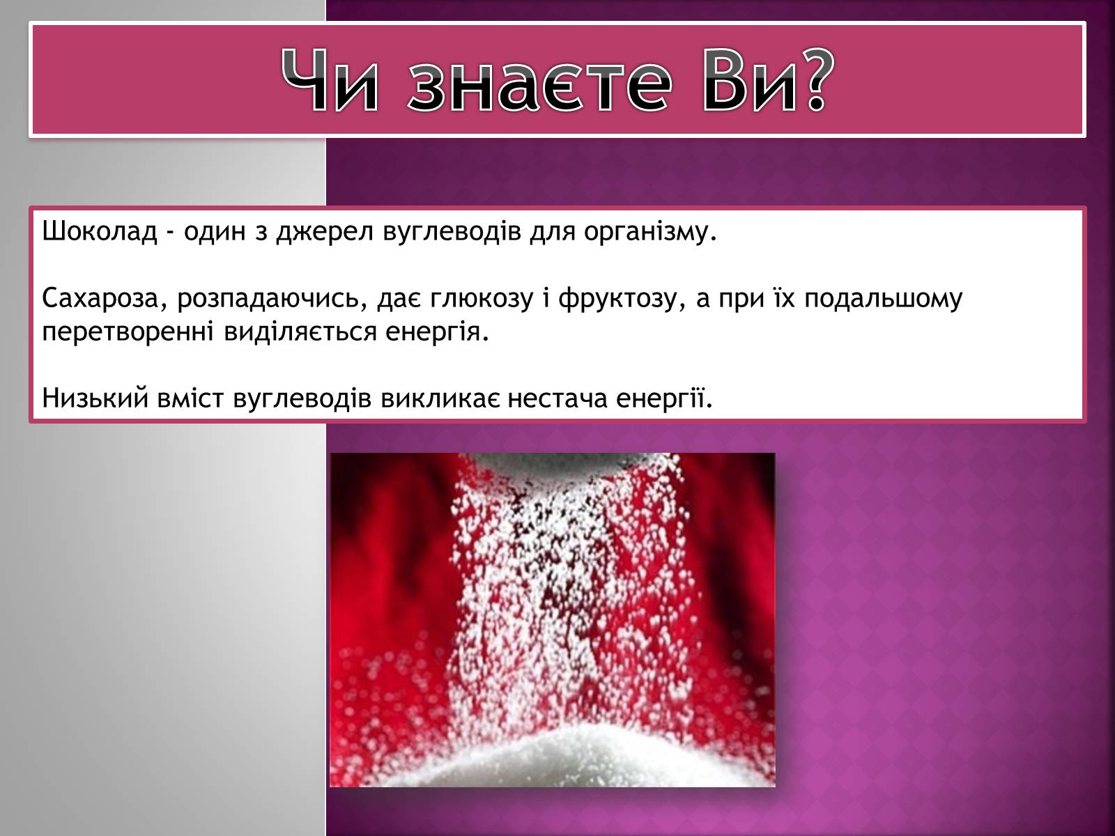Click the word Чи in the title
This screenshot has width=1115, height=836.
pos(329,80)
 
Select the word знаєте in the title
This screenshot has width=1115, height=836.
pos(539,86)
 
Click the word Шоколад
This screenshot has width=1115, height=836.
pos(100,231)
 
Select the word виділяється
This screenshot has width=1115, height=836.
pos(300,332)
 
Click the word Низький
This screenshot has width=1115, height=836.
pos(95,398)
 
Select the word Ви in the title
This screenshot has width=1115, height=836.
pos(747,80)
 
